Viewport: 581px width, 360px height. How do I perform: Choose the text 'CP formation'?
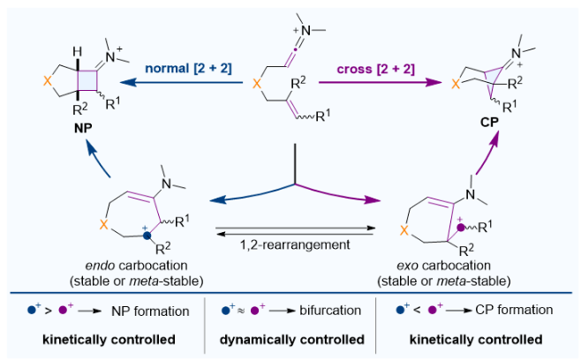[512, 311]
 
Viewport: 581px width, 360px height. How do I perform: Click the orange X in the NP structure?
[38, 79]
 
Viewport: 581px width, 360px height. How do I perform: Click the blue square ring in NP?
[90, 81]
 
